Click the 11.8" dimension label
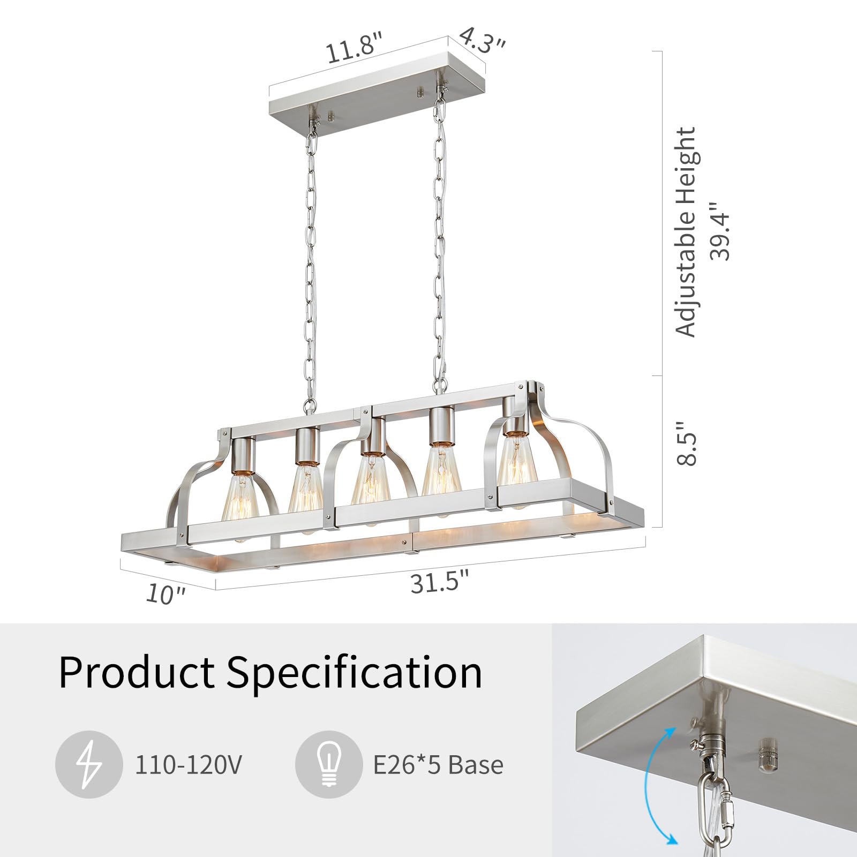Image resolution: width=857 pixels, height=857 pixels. tap(355, 48)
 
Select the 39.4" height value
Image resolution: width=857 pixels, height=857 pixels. tap(719, 231)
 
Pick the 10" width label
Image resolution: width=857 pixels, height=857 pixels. tap(166, 594)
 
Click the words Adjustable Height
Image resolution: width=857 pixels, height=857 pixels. tap(685, 232)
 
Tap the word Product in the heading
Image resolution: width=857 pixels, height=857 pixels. tap(136, 672)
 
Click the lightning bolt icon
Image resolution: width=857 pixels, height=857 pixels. tap(88, 765)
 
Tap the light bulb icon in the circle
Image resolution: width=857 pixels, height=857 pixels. tap(328, 765)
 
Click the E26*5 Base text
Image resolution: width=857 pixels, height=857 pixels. tap(438, 765)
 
